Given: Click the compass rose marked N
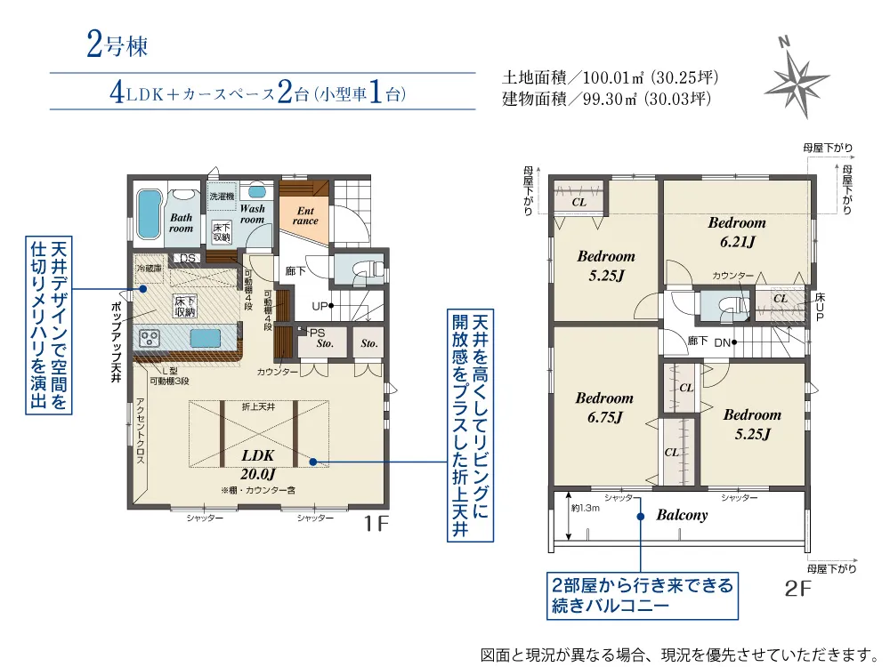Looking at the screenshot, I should click(797, 77).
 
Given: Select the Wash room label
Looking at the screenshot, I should click(252, 213).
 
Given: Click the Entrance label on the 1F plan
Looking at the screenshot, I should click(305, 215).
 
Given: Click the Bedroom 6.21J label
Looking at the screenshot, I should click(737, 231).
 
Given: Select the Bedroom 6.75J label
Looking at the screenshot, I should click(604, 407).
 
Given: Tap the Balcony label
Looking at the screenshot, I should click(682, 515).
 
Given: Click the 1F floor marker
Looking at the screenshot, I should click(376, 525).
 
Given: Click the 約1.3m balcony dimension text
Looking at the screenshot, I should click(586, 508).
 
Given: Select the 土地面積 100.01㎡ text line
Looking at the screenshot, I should click(611, 77).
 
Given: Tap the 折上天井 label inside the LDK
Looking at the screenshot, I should click(259, 406).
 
